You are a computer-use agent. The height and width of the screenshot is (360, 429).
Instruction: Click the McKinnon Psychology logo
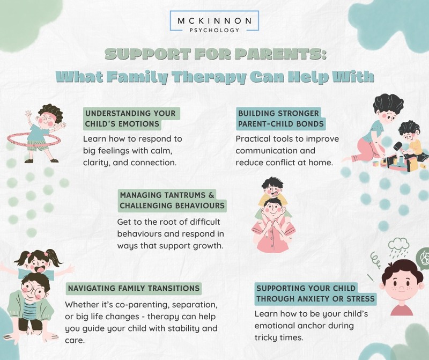(x=214, y=21)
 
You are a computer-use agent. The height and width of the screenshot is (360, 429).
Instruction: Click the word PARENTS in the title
(x=280, y=55)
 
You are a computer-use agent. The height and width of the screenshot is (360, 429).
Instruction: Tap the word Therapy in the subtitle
(x=209, y=77)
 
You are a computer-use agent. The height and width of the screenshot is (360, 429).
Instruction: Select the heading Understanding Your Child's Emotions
(x=131, y=119)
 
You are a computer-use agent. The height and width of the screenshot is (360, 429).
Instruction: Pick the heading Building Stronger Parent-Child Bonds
(x=280, y=119)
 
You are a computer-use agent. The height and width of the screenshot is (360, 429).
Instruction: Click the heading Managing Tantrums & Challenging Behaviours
(x=172, y=201)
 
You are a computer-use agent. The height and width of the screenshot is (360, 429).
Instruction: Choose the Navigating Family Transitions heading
(x=134, y=289)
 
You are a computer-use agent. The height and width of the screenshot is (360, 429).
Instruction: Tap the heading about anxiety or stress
(x=315, y=293)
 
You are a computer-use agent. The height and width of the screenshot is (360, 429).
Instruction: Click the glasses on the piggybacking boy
(x=34, y=290)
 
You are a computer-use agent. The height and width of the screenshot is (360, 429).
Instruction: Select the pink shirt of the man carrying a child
(x=273, y=234)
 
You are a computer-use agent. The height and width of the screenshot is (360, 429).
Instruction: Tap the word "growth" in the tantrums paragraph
(x=208, y=246)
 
